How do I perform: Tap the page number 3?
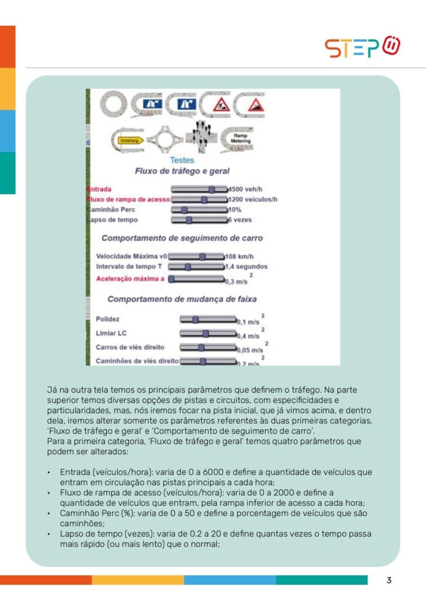pos(389,581)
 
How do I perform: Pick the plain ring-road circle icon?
pos(113,105)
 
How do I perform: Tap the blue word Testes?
pos(182,160)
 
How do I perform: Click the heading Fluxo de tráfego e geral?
pos(182,171)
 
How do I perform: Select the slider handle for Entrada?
pos(212,190)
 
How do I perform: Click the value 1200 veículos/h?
pos(253,200)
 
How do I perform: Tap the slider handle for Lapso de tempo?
pos(189,220)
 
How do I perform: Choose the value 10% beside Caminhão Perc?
pos(234,210)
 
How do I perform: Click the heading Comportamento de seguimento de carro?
pos(182,238)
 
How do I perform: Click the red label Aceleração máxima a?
pos(130,278)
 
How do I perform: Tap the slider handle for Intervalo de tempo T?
pos(187,266)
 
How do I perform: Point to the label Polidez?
pos(108,319)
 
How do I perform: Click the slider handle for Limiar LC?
pos(205,333)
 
